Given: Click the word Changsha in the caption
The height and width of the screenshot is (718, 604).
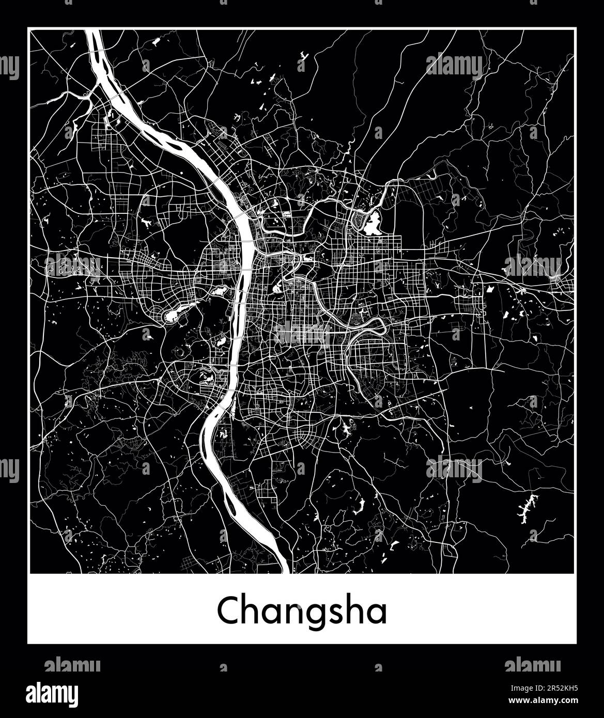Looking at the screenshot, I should coord(302,612).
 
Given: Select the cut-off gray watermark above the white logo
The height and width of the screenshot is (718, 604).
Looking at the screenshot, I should coord(72,664).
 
